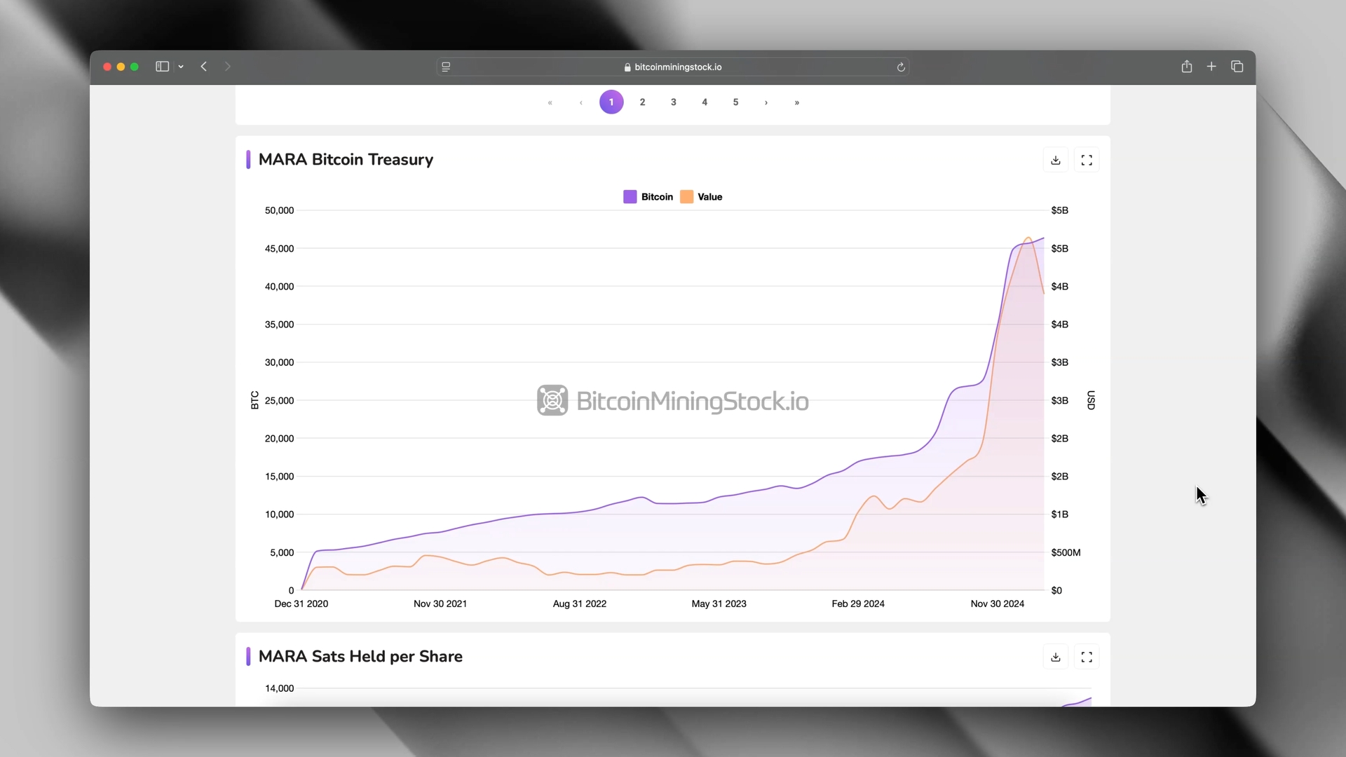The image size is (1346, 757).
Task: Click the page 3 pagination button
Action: (x=673, y=102)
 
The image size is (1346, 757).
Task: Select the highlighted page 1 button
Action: (x=611, y=102)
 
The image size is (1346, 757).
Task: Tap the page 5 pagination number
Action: (x=735, y=102)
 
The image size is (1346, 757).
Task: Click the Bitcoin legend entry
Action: (x=648, y=197)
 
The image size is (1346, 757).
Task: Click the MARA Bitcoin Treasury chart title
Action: (x=346, y=160)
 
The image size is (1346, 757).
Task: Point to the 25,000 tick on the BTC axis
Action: (x=279, y=401)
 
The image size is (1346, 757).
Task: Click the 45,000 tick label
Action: (x=279, y=249)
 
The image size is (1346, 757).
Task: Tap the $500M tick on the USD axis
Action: (x=1066, y=553)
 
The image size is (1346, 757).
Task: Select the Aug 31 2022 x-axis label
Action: (x=579, y=604)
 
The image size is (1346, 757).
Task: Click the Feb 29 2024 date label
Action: (x=858, y=604)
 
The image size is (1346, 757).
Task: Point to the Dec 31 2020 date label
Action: (x=301, y=604)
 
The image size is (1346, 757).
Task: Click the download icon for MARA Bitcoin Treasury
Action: (x=1056, y=161)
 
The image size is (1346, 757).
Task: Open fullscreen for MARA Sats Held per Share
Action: (x=1087, y=657)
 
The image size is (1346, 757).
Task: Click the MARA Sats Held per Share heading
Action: (x=360, y=657)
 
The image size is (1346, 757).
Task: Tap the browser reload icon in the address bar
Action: (x=901, y=67)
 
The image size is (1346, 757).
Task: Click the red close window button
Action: (x=107, y=67)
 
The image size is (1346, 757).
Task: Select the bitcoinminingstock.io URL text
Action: (x=678, y=67)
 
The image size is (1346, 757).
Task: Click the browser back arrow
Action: (x=204, y=67)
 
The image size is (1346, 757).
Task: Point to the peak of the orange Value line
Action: (x=1028, y=238)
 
